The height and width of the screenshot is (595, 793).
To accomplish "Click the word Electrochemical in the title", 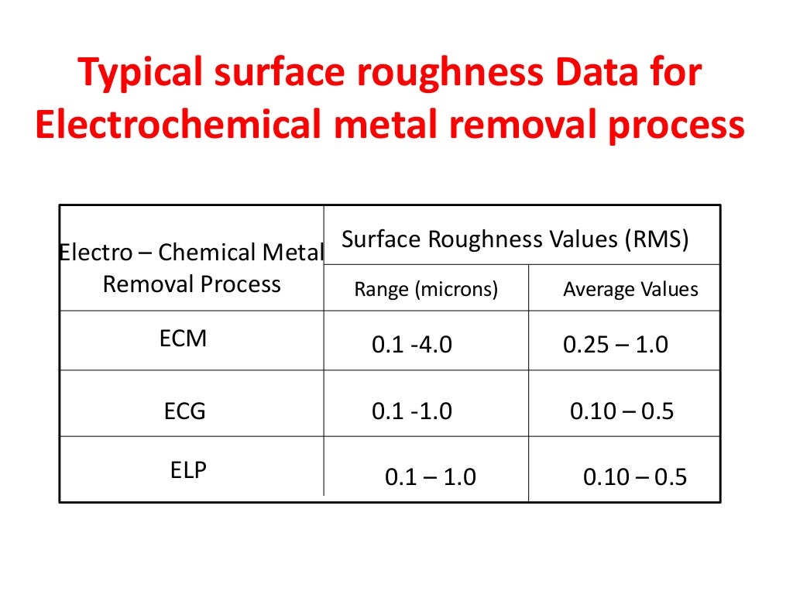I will pyautogui.click(x=177, y=126).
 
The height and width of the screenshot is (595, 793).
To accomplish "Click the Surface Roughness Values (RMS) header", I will pyautogui.click(x=515, y=239).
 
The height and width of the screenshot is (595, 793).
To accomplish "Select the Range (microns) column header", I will pyautogui.click(x=426, y=290).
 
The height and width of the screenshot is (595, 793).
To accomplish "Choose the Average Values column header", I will pyautogui.click(x=630, y=290).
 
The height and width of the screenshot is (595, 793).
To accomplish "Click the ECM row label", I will pyautogui.click(x=184, y=339).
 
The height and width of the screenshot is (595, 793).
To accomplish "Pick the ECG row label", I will pyautogui.click(x=185, y=411).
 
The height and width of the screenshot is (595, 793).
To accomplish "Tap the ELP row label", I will pyautogui.click(x=188, y=471).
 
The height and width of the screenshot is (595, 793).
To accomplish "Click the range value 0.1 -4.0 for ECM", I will pyautogui.click(x=411, y=345).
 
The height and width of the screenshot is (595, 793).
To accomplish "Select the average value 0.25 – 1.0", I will pyautogui.click(x=615, y=345).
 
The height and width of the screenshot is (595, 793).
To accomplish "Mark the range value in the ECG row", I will pyautogui.click(x=411, y=411).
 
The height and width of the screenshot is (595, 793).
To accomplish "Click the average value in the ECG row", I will pyautogui.click(x=622, y=411).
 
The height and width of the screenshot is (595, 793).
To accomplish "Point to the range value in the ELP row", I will pyautogui.click(x=430, y=477).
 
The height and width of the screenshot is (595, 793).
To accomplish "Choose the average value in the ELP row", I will pyautogui.click(x=635, y=477).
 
